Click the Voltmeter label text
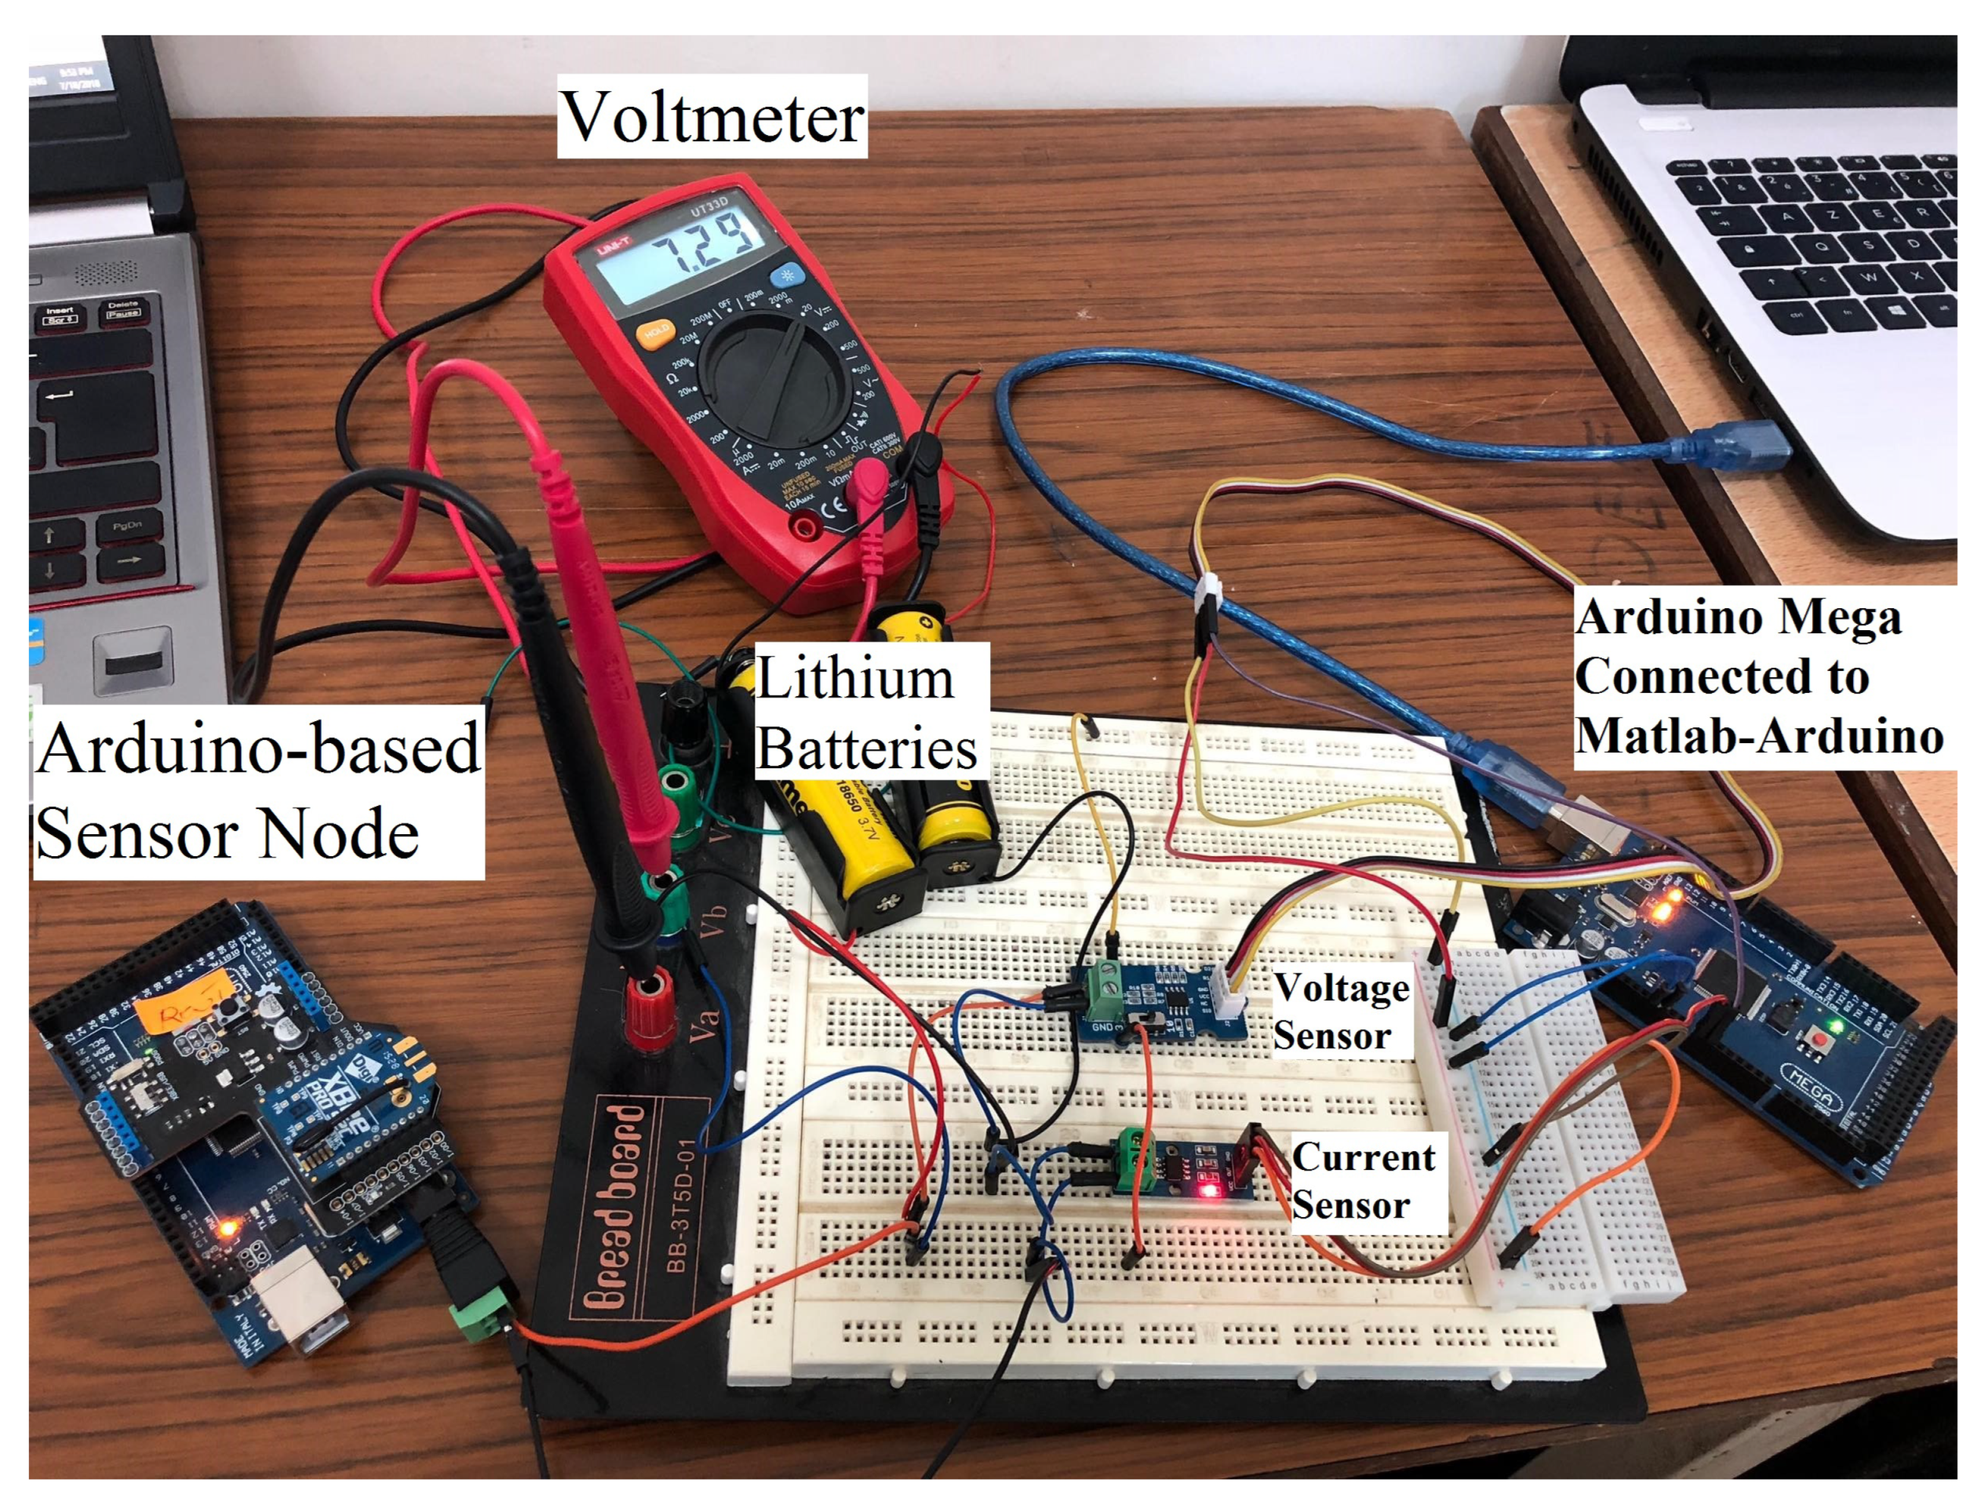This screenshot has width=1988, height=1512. pyautogui.click(x=712, y=117)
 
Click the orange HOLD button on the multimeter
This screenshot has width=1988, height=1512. pyautogui.click(x=654, y=334)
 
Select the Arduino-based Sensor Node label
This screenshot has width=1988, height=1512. pyautogui.click(x=257, y=791)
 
